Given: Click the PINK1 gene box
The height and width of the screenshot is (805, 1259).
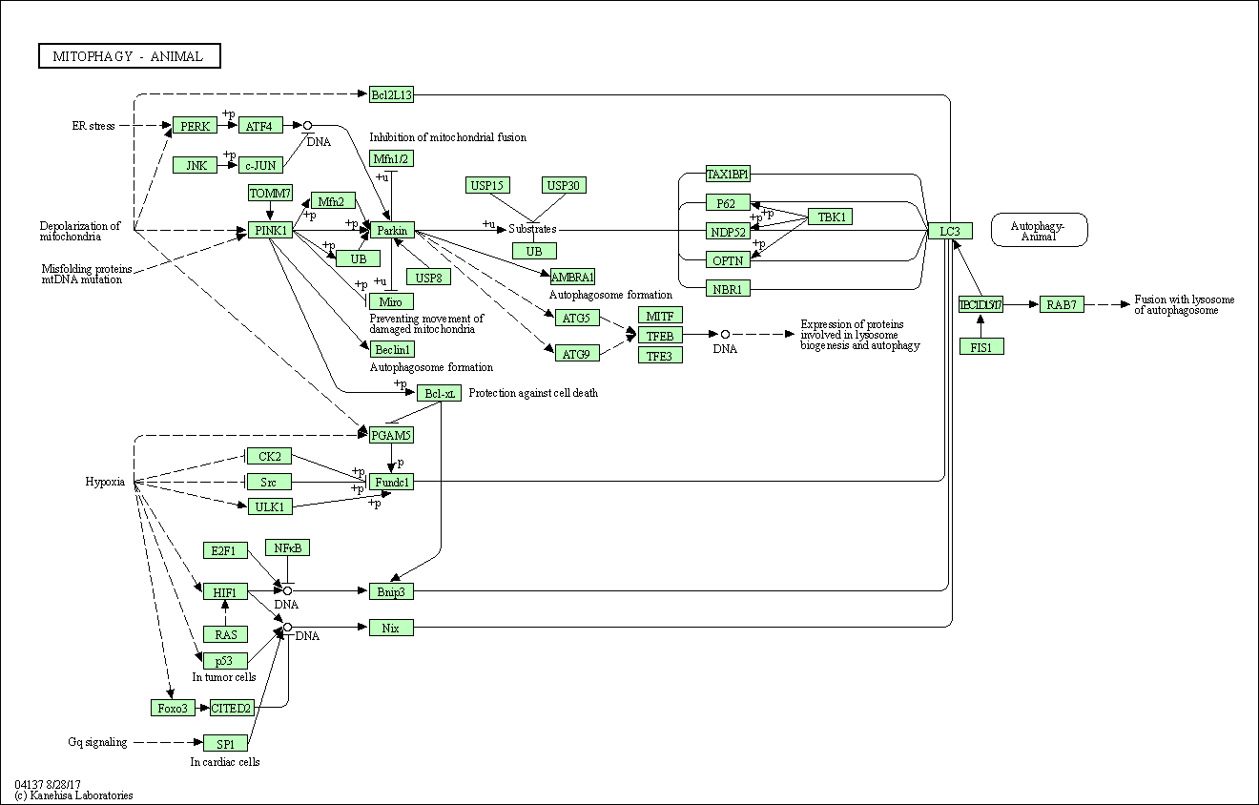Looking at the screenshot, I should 271,231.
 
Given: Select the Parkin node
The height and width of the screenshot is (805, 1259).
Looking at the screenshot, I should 392,231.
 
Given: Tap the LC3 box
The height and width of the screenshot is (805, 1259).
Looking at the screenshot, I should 950,231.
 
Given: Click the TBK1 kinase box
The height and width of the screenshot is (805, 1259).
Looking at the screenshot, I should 830,217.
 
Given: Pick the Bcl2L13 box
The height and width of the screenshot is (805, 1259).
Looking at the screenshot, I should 391,94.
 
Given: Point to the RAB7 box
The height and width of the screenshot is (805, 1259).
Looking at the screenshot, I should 1062,304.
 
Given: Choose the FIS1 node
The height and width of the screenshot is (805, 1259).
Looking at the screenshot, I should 981,347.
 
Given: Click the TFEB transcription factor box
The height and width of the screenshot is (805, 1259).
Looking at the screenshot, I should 660,336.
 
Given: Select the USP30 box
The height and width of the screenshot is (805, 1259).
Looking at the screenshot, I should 563,185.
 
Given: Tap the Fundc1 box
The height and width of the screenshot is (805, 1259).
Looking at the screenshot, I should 391,483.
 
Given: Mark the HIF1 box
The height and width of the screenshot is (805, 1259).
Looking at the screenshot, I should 225,592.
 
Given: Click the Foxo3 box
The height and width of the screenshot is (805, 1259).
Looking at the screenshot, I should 174,708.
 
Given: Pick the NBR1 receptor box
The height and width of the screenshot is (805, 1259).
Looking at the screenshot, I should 728,288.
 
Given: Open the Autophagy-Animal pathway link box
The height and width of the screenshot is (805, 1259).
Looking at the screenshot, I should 1039,230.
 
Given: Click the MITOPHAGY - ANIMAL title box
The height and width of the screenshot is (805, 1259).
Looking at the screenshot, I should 130,56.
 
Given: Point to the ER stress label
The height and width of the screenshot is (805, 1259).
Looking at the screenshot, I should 93,126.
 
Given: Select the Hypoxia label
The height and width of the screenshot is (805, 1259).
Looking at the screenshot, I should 105,483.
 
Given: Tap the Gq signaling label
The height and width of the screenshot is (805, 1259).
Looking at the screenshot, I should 97,743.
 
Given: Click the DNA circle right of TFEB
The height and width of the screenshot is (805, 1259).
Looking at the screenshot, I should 725,335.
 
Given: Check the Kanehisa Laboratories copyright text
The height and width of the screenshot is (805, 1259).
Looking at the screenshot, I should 73,795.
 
